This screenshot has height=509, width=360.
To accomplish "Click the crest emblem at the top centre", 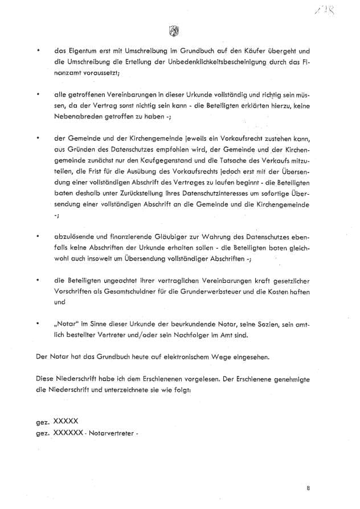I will (174, 31).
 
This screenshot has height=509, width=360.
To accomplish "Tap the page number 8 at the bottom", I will (308, 488).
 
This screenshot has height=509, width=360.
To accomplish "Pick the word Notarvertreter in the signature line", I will (114, 432).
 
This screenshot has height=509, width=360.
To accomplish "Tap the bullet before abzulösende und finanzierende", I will (38, 235).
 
